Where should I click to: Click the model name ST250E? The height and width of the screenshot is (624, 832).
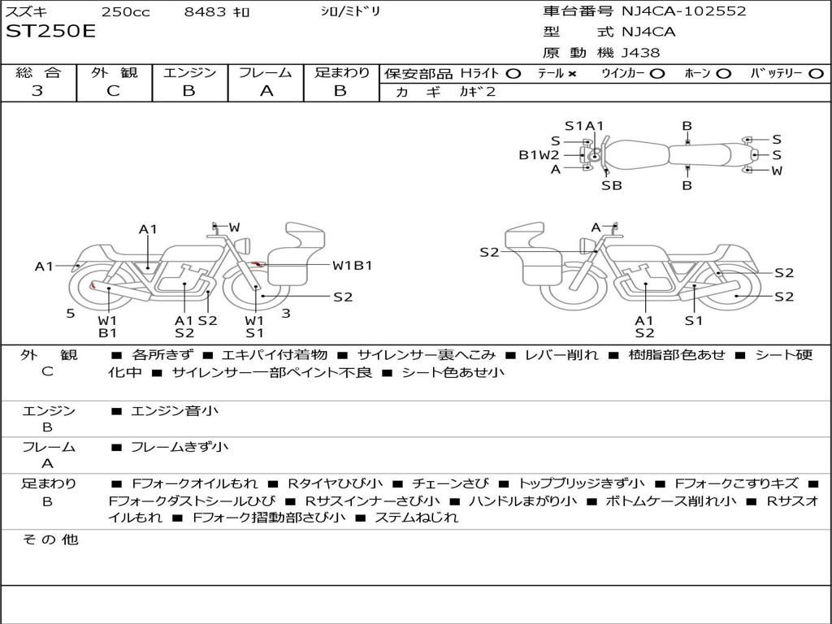click(50, 32)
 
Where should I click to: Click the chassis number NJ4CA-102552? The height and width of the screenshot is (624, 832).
click(683, 11)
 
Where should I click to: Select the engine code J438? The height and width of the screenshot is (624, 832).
click(641, 53)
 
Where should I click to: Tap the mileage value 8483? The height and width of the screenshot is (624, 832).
click(206, 11)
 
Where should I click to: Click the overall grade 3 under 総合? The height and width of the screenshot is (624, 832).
click(37, 91)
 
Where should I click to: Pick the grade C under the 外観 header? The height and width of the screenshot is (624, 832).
click(113, 91)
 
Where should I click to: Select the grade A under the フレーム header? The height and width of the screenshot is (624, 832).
click(266, 91)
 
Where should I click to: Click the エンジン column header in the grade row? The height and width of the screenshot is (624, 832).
click(189, 73)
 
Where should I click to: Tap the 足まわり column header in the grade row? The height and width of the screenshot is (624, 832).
click(341, 73)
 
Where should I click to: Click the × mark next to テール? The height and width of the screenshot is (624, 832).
click(571, 74)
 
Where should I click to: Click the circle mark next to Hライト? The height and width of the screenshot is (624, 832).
click(513, 74)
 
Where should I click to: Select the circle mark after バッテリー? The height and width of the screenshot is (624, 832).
click(816, 74)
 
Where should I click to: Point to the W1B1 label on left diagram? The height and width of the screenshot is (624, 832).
click(352, 266)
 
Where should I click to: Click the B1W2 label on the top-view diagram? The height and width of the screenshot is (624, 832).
click(539, 154)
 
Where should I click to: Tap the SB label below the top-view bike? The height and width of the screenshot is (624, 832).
click(611, 185)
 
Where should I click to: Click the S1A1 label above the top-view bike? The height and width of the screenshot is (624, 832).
click(584, 125)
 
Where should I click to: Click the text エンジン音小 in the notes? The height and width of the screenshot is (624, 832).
click(175, 411)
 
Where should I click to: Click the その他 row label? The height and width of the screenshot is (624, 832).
click(50, 539)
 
